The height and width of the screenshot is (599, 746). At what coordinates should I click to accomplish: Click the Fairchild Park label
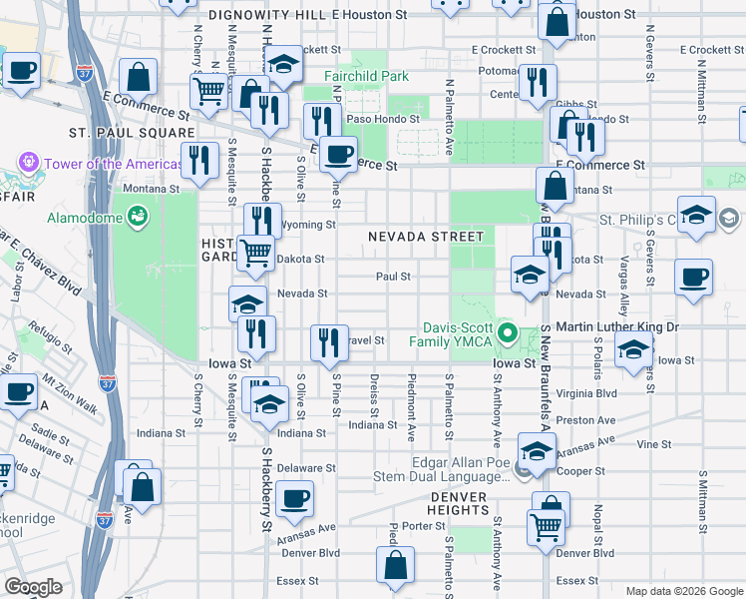(x=366, y=76)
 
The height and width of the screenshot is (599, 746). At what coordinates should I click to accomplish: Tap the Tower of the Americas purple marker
(x=27, y=163)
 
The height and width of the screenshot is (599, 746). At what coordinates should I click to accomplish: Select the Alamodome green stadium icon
(x=138, y=214)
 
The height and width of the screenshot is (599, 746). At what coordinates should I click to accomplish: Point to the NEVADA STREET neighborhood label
(x=425, y=237)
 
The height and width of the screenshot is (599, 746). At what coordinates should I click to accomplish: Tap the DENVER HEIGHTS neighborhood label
(x=459, y=503)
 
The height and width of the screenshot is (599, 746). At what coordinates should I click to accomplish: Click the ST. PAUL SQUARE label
(x=131, y=132)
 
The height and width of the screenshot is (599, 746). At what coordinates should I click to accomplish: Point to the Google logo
(x=33, y=587)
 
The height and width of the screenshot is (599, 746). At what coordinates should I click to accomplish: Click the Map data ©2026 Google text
(x=684, y=591)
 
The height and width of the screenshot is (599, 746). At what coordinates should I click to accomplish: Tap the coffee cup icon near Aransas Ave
(x=293, y=498)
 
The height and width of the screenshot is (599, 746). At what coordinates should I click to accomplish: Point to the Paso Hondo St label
(x=383, y=118)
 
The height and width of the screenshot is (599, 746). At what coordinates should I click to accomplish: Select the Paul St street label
(x=394, y=277)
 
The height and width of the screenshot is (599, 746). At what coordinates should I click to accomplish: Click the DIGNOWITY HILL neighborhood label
(x=268, y=15)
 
